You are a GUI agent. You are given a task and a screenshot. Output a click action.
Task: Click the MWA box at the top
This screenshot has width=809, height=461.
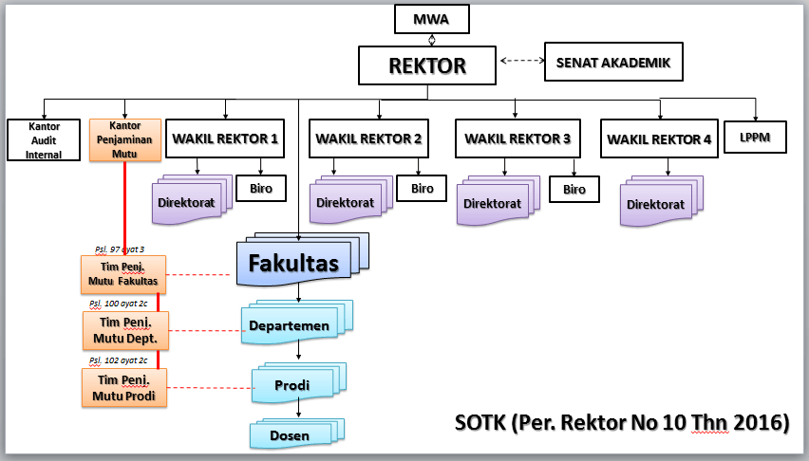point(433,18)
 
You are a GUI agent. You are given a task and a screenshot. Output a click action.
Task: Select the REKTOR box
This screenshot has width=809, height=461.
point(427,65)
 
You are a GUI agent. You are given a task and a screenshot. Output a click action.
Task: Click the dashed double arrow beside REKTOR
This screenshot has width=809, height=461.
point(517,64)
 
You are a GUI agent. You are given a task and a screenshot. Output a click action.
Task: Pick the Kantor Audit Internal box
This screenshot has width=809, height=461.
point(44,139)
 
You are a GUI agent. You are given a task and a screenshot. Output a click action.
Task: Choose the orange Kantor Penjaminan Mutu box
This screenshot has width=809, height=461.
point(125,138)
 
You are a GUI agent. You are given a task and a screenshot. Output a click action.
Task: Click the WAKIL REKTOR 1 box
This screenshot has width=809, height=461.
point(225,138)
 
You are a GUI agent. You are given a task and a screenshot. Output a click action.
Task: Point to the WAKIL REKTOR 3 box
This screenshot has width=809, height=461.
point(517,138)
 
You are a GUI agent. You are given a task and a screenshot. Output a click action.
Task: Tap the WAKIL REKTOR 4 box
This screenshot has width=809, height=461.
point(659,139)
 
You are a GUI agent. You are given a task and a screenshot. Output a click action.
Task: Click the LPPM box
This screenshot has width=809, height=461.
point(756,138)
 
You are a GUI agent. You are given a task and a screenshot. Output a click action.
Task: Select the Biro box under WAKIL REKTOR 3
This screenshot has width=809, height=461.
point(574,189)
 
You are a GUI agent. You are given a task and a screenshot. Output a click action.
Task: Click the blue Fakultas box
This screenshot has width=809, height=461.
point(293,263)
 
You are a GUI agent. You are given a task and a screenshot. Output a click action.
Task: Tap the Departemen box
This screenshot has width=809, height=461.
point(290,325)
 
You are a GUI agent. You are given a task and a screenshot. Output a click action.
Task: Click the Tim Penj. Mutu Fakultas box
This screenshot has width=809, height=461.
point(122,274)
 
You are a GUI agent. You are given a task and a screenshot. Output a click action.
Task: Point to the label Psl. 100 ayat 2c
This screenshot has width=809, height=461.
point(118,304)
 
